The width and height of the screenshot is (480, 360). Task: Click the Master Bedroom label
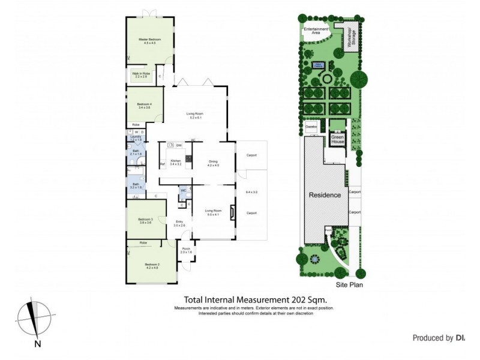[149, 40]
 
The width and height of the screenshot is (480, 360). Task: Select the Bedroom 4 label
[144, 104]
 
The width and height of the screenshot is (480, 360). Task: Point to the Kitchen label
[175, 161]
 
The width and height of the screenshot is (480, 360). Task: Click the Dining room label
[213, 161]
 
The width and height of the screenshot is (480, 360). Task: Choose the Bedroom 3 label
[146, 220]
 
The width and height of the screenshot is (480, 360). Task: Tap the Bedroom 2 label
[152, 264]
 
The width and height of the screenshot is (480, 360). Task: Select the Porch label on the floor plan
[186, 249]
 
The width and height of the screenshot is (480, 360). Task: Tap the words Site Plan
[349, 285]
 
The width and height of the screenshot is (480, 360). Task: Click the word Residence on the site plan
[325, 195]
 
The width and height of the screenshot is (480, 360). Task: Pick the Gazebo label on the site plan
[311, 127]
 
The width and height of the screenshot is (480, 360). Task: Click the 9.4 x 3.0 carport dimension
[251, 192]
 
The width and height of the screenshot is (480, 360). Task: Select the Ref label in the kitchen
[162, 164]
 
